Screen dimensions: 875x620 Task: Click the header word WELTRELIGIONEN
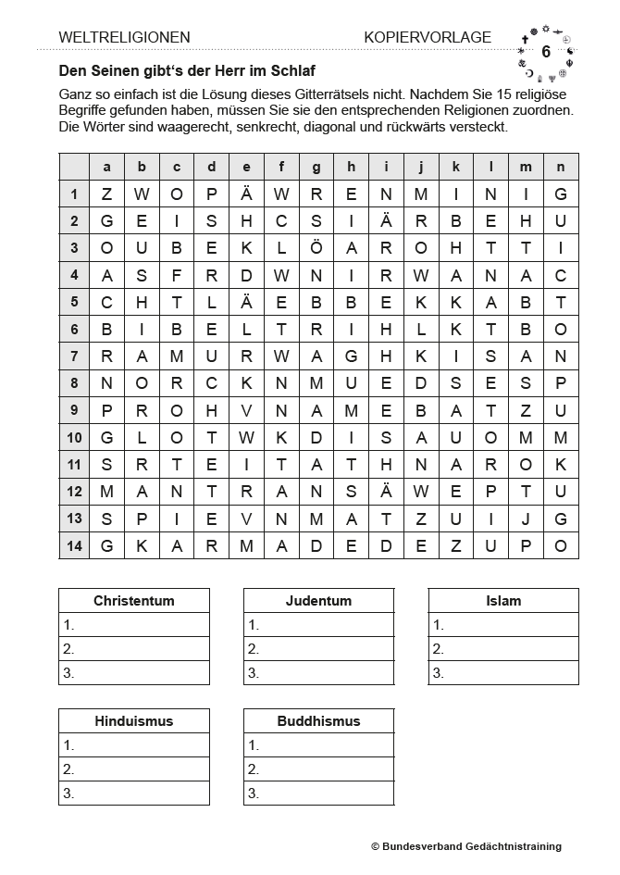pos(124,37)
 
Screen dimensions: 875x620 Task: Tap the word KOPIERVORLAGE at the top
pos(428,37)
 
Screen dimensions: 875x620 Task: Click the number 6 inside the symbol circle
pos(546,52)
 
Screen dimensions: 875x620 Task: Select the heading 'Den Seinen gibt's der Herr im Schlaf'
pos(192,70)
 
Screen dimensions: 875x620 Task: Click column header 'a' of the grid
pos(106,167)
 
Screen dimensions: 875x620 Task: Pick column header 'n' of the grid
pos(561,167)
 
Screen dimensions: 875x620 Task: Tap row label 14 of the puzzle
pos(74,545)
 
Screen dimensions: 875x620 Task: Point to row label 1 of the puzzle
pos(74,194)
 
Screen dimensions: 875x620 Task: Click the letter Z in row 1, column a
pos(106,194)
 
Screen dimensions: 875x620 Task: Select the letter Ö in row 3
pos(316,248)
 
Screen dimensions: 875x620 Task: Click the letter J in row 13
pos(526,519)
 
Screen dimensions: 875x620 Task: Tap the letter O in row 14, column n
pos(561,545)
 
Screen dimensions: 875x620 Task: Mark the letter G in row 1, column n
pos(561,194)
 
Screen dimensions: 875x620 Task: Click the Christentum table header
pos(134,601)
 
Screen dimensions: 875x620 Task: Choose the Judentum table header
pos(318,601)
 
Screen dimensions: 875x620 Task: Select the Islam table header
pos(503,601)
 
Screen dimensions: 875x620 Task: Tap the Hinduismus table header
pos(134,721)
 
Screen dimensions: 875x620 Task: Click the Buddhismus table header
pos(318,721)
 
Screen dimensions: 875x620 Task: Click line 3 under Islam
pos(503,673)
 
